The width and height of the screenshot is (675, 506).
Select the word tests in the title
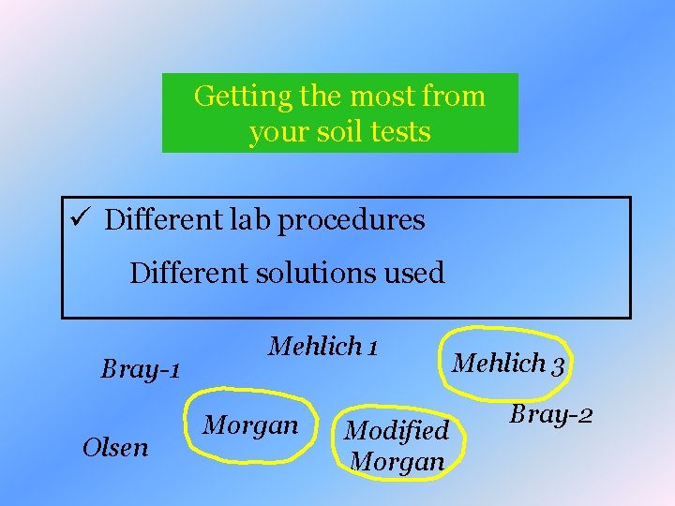[399, 132]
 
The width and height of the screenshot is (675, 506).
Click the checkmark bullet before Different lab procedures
[79, 220]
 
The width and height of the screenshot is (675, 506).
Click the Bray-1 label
[141, 369]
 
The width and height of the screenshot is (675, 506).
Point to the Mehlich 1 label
[323, 348]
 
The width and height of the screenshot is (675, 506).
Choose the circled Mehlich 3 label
[507, 364]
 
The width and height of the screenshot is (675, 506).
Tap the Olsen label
[115, 447]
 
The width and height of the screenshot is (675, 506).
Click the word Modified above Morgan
[397, 431]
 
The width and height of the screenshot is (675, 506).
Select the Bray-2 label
[551, 413]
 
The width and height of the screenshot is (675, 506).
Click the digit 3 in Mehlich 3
[557, 365]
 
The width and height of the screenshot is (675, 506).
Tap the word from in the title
[455, 97]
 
